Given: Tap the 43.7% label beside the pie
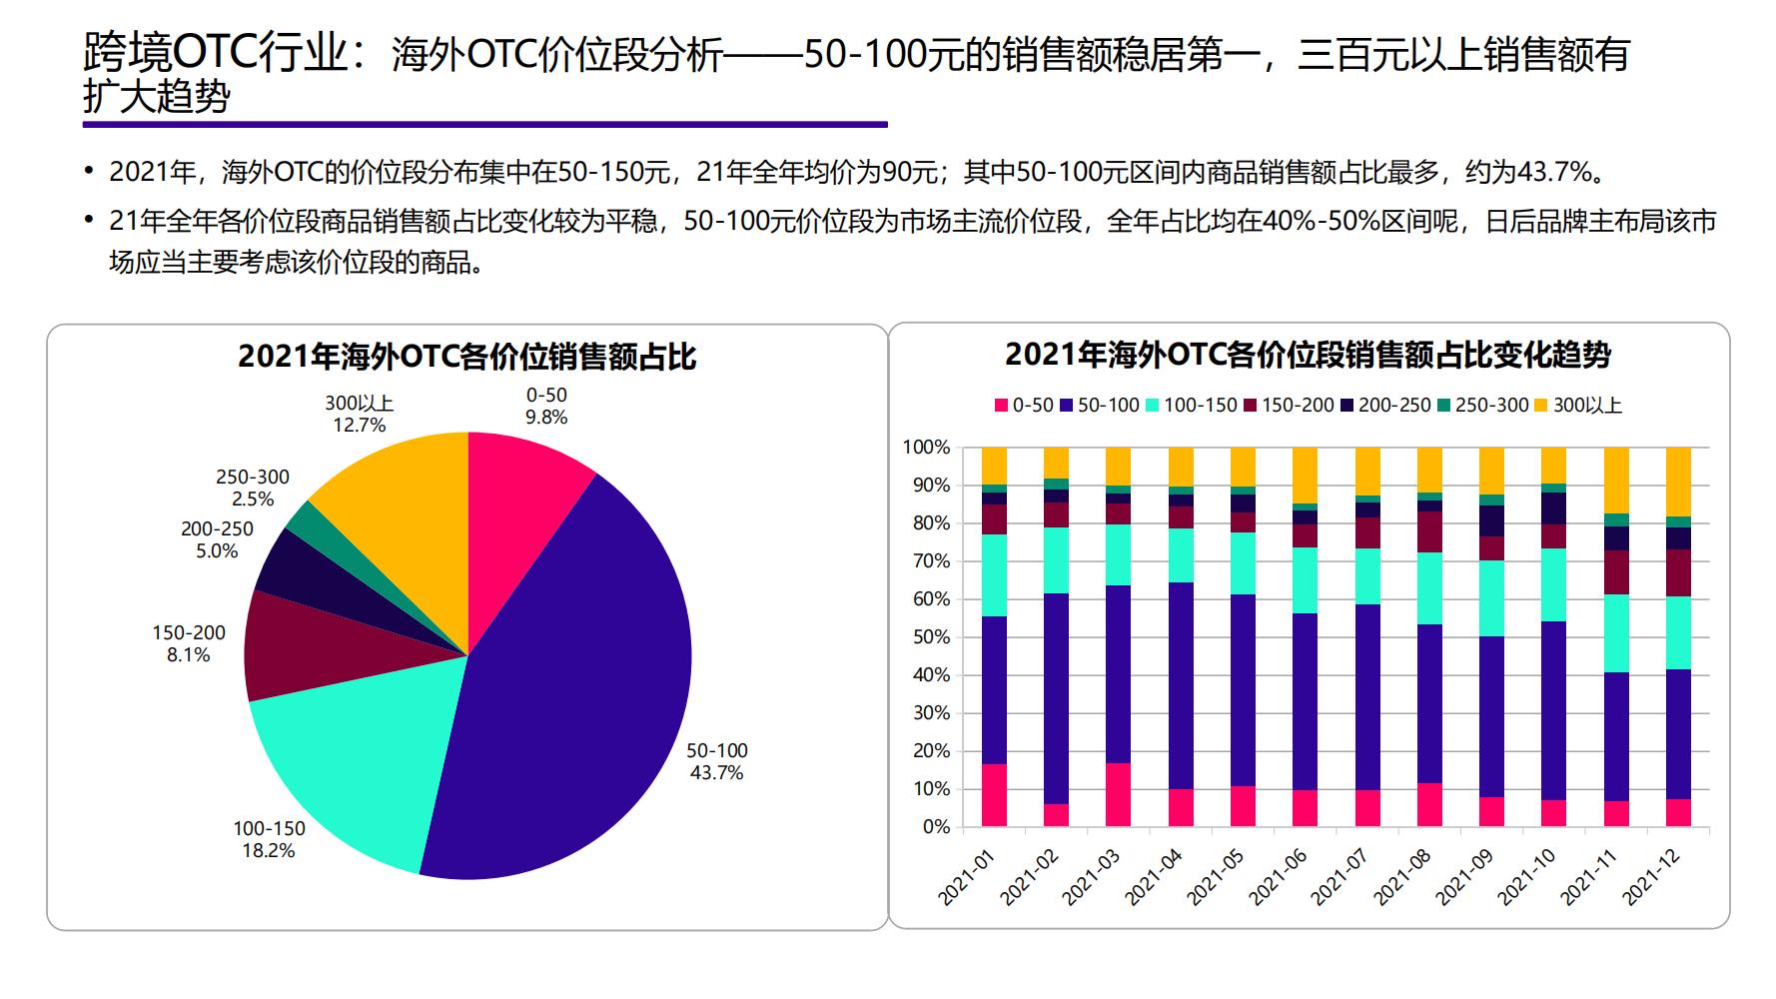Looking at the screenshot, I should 716,773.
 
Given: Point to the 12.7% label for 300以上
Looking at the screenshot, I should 359,426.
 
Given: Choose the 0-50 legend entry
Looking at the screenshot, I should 1024,406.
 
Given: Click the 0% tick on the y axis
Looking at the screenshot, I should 935,827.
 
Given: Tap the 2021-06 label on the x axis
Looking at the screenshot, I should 1276,879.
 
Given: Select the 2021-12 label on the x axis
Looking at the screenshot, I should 1650,879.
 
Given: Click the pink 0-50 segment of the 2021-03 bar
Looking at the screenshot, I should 1119,795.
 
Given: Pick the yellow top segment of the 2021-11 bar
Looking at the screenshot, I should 1616,481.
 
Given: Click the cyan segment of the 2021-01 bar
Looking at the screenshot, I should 994,575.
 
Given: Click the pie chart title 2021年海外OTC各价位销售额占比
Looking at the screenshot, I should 466,357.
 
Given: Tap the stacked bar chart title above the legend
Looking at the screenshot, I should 1308,355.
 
